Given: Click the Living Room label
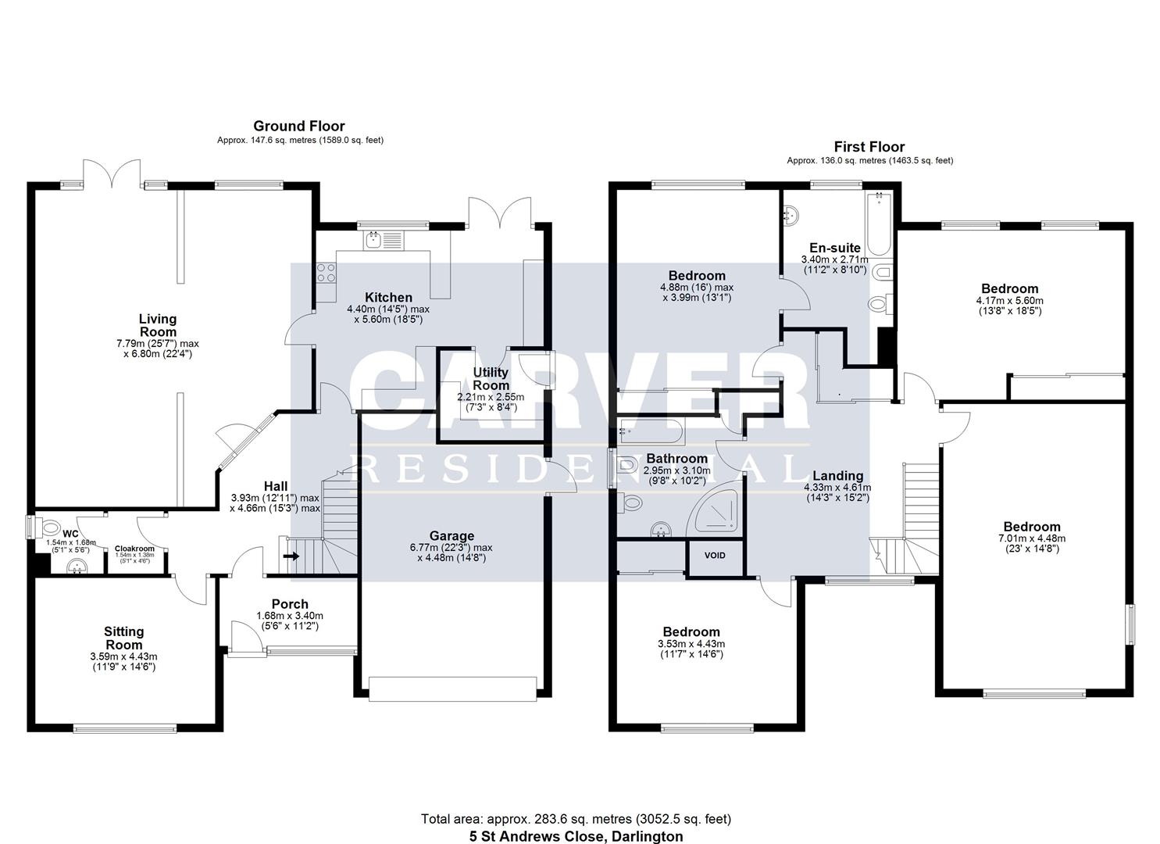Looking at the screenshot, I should point(157,325).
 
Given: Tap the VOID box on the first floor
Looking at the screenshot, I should point(715,556).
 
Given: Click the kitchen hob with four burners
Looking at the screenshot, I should point(326,272).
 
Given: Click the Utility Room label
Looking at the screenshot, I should point(491,379).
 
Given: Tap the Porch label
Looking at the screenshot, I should point(290,604).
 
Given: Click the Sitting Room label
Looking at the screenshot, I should point(124,638).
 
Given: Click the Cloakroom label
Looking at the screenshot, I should point(134,549).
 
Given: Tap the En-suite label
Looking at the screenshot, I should point(834,248).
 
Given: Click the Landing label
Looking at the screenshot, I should point(837,476).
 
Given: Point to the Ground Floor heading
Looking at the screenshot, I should point(298,126).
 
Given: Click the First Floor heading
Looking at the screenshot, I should point(869,147).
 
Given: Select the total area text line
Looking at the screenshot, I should point(576,819).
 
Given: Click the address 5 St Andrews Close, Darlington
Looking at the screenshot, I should point(576,836).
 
